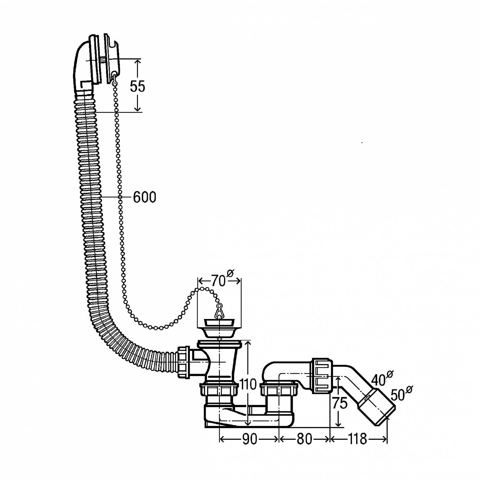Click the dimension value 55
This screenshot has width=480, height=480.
138,86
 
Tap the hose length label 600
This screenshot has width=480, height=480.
144,197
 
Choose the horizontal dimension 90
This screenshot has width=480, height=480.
250,439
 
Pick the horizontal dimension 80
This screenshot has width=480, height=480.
304,439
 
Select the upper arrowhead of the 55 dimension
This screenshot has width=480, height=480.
137,62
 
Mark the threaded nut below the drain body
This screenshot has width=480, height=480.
219,390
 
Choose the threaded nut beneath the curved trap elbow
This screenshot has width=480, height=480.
279,390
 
